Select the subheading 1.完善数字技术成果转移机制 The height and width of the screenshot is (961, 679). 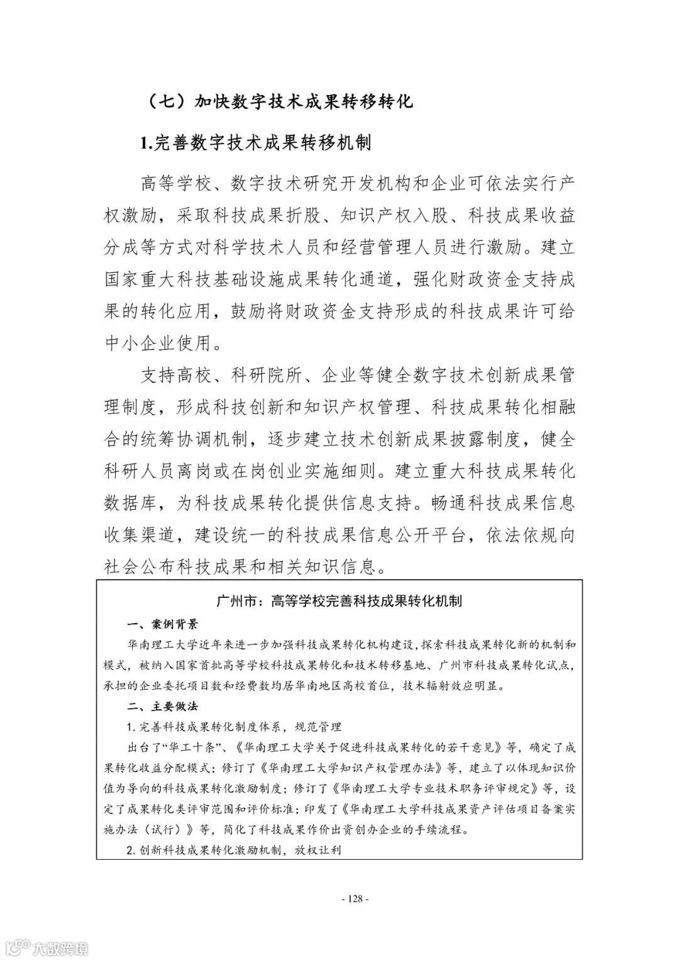pos(256,143)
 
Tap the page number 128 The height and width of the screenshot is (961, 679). pos(353,899)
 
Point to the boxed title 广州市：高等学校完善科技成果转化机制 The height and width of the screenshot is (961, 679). pos(339,601)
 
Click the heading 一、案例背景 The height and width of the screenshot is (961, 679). pos(162,624)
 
